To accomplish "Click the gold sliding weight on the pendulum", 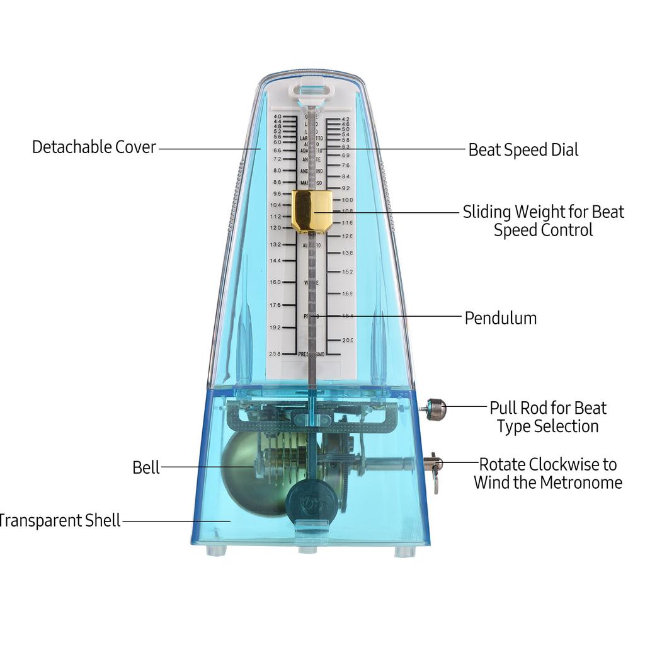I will [312, 211].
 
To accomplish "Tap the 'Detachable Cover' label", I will [94, 147].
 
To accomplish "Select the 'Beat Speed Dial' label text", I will [523, 150].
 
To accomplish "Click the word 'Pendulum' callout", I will [501, 318].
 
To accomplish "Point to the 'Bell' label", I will [146, 467].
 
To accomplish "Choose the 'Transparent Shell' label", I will [59, 521].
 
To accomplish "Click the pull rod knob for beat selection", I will [435, 409].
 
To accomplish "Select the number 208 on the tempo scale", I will [275, 354].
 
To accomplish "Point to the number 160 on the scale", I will [275, 282].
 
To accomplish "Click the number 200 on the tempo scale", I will [347, 340].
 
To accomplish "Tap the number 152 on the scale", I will [347, 271].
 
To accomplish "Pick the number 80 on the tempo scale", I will [277, 171].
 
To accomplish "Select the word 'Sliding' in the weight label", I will [486, 212].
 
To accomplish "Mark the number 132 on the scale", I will [276, 244].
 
